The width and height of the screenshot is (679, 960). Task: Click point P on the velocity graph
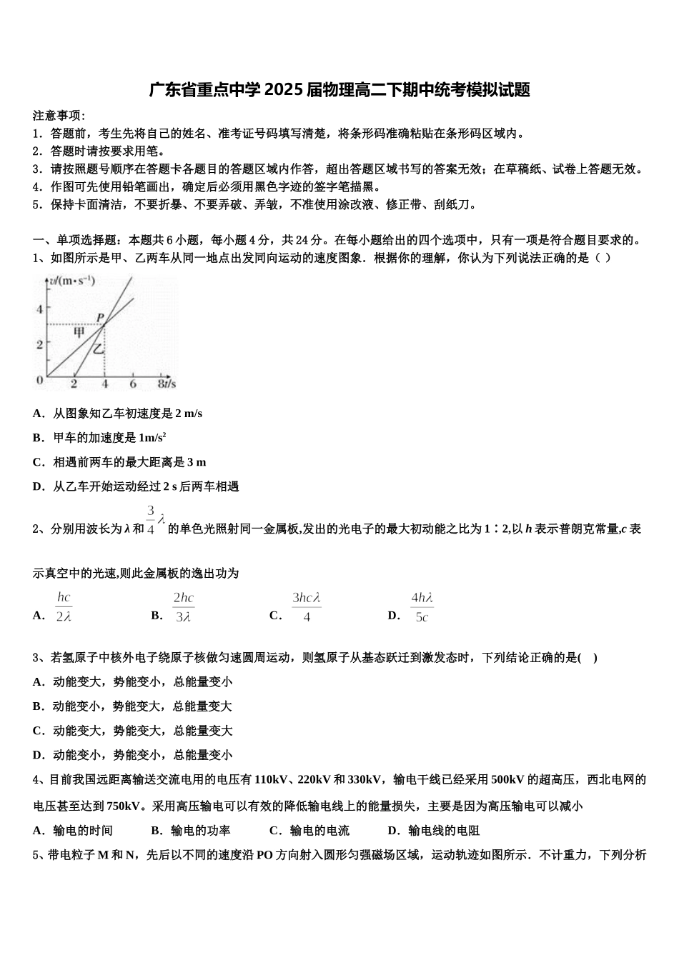point(101,318)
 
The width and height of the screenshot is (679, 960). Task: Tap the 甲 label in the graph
point(79,332)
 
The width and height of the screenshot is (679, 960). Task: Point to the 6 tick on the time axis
point(133,384)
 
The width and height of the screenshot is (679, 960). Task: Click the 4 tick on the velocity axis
point(40,309)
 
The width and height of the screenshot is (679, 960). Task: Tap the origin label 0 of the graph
point(40,379)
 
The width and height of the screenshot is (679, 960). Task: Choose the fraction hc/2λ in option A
point(64,607)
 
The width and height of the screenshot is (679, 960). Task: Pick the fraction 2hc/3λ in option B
point(183,607)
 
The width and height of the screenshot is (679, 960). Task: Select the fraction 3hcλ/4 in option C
point(306,607)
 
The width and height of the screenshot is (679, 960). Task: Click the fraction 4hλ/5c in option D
point(422,607)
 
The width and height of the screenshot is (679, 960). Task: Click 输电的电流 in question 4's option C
point(319,830)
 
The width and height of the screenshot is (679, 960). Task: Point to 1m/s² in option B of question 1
point(152,437)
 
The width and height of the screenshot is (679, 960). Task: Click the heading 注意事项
point(59,116)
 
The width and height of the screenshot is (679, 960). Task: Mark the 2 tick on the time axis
point(74,384)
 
